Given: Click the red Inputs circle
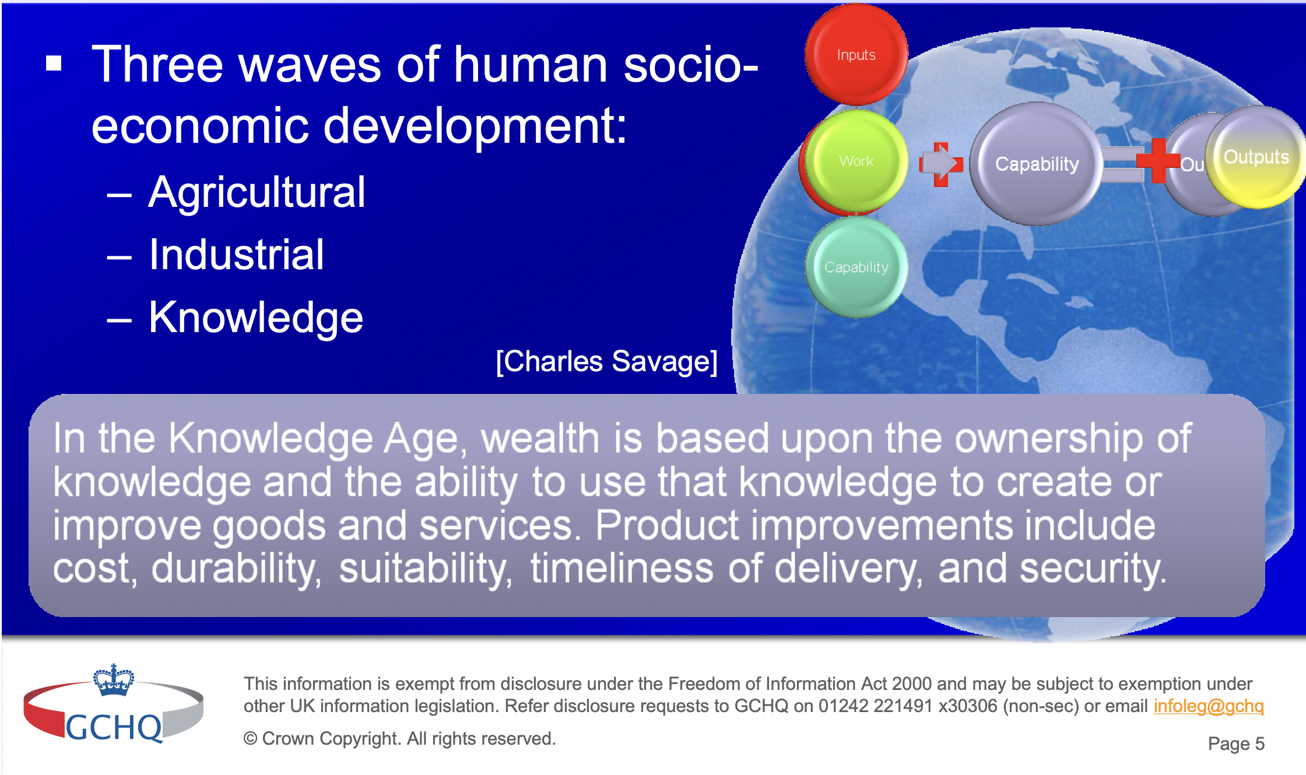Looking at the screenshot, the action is [856, 54].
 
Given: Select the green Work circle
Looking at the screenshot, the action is [856, 161].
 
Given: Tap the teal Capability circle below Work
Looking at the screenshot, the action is [856, 267].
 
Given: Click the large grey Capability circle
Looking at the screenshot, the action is [1036, 164].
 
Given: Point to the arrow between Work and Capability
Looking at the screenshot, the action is [941, 164].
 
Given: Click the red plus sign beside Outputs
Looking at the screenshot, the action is [1158, 161].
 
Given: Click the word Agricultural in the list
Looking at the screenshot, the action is [257, 192].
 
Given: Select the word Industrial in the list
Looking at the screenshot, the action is [236, 255].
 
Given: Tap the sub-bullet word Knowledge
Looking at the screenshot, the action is [256, 318].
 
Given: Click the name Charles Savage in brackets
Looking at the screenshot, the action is [606, 361].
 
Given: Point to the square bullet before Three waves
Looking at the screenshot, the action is [54, 63].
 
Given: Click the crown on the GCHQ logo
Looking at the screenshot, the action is [114, 680].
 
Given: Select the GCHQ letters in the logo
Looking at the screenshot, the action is [114, 727].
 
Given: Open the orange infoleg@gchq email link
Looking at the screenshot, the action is [1209, 706].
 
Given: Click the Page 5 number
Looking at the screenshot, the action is [1236, 744].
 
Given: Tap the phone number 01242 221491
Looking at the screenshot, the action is [876, 706].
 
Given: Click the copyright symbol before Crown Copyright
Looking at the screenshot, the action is [250, 739].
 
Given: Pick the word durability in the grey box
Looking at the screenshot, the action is [236, 569].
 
